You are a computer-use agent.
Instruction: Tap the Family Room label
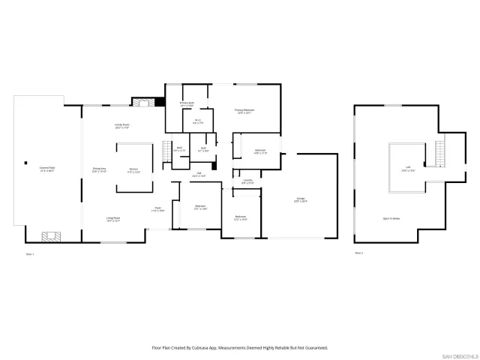coord(122,126)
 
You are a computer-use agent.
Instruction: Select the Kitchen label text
coord(133,169)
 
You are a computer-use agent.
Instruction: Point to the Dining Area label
coord(98,169)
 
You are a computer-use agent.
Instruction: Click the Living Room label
coord(113,219)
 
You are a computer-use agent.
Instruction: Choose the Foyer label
coord(158,209)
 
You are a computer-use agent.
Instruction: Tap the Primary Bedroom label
coord(244,111)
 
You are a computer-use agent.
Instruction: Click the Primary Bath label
coord(187,104)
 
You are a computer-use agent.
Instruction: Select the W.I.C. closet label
coord(197,121)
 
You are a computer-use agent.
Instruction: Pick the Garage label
coord(300,199)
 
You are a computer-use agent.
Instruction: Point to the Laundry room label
coord(247,181)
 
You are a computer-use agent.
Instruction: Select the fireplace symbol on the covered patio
coord(50,237)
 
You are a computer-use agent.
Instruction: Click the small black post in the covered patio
coord(25,163)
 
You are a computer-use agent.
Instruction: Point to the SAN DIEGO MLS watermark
coord(458,355)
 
